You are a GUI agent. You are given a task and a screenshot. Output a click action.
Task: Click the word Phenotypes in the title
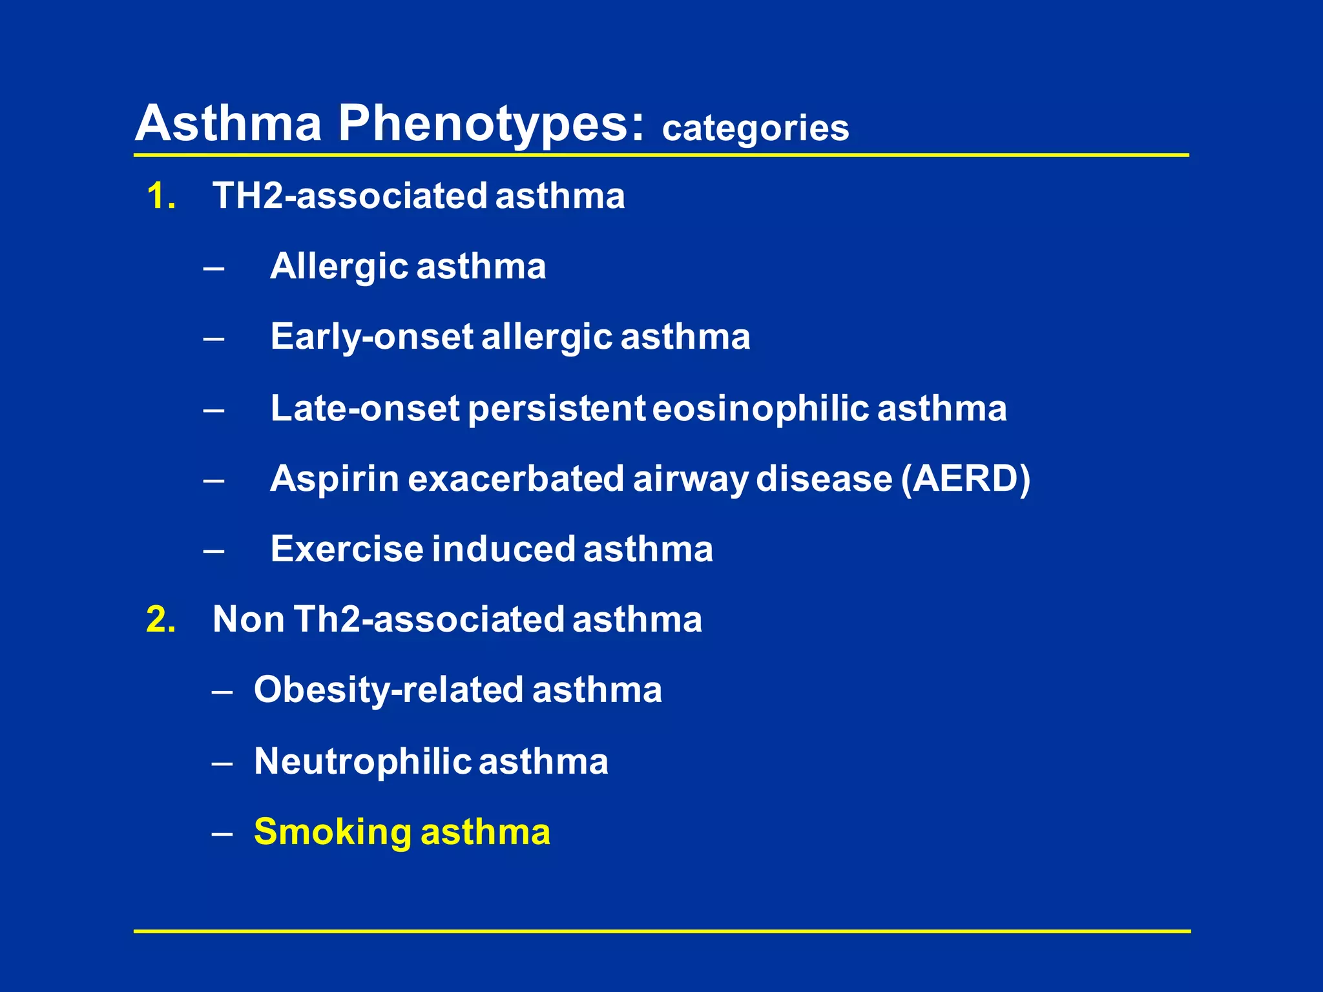(x=491, y=124)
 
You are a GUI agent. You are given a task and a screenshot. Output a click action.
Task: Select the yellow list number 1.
(x=161, y=196)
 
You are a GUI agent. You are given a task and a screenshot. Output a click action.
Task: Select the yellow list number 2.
(x=161, y=619)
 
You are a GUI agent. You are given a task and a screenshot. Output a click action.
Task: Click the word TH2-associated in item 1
(x=349, y=196)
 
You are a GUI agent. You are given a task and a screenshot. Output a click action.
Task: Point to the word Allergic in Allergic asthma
(x=339, y=267)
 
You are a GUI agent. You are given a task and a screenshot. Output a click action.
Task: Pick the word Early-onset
(x=371, y=337)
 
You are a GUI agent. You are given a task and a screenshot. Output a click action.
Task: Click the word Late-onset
(x=364, y=409)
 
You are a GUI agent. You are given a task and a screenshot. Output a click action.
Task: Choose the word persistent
(x=556, y=409)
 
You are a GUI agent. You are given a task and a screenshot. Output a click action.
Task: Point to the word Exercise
(x=347, y=550)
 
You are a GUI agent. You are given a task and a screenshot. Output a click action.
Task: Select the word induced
(x=503, y=550)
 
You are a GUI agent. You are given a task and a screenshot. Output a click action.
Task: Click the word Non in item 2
(x=249, y=619)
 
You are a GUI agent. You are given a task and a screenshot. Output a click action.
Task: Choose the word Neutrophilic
(x=362, y=761)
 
